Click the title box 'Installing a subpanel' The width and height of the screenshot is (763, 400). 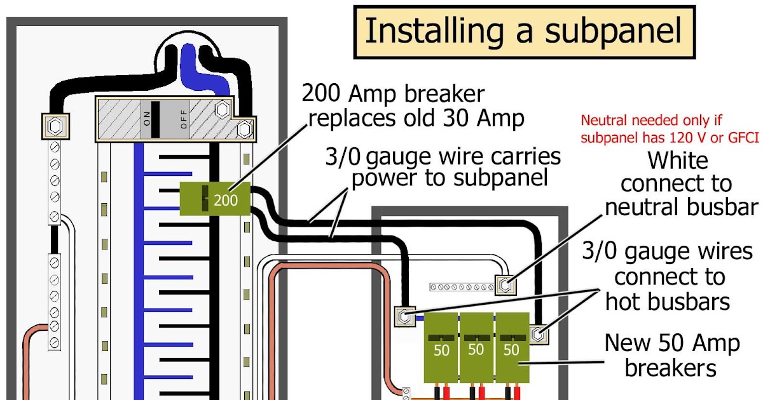[523, 31]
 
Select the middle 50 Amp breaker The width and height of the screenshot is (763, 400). [476, 346]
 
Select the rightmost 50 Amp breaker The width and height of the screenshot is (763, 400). [511, 346]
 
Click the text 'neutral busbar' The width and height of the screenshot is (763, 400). [682, 207]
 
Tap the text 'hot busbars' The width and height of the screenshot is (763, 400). [668, 301]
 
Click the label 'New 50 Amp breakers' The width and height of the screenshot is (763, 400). [671, 355]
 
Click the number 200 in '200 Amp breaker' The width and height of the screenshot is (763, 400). [322, 94]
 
